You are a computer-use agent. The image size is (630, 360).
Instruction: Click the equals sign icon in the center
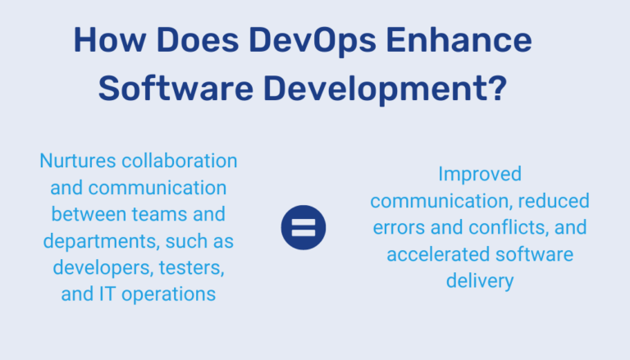[x=304, y=227]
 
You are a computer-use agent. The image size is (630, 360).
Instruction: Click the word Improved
[x=480, y=174]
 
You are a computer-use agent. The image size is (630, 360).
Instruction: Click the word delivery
[x=480, y=281]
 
